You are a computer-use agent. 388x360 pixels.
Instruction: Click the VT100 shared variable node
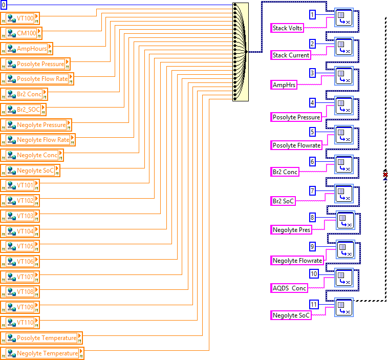pyautogui.click(x=19, y=18)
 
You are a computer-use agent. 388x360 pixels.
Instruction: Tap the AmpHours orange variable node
pyautogui.click(x=27, y=49)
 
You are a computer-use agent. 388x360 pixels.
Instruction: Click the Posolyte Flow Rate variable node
pyautogui.click(x=37, y=79)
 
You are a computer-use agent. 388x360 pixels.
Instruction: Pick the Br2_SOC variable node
pyautogui.click(x=24, y=110)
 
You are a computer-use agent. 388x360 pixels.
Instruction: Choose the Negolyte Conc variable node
pyautogui.click(x=32, y=155)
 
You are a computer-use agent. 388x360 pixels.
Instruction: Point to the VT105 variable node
pyautogui.click(x=20, y=246)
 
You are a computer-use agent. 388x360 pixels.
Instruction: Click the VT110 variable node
pyautogui.click(x=20, y=322)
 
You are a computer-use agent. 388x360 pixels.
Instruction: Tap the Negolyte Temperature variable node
pyautogui.click(x=42, y=353)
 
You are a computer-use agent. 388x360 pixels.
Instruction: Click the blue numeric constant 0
pyautogui.click(x=4, y=5)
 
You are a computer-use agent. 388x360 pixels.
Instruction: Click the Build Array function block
pyautogui.click(x=241, y=52)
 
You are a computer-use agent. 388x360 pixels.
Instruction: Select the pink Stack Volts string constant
pyautogui.click(x=288, y=28)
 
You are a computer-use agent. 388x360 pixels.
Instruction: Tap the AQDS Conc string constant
pyautogui.click(x=290, y=288)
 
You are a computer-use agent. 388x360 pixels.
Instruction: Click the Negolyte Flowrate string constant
pyautogui.click(x=297, y=261)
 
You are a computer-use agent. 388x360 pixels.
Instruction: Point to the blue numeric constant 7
pyautogui.click(x=312, y=190)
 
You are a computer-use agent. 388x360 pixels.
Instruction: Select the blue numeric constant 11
pyautogui.click(x=314, y=305)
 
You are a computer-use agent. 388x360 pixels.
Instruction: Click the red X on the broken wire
pyautogui.click(x=385, y=175)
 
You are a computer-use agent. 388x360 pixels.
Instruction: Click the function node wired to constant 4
pyautogui.click(x=343, y=107)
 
